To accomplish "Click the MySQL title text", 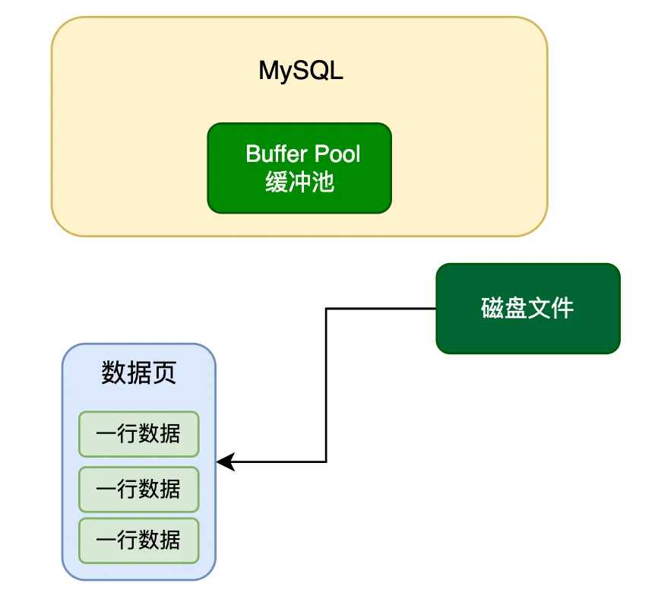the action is pyautogui.click(x=301, y=71).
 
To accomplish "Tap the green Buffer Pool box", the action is pyautogui.click(x=299, y=168).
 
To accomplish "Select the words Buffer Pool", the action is pyautogui.click(x=302, y=154).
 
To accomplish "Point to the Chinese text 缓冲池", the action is pyautogui.click(x=299, y=182).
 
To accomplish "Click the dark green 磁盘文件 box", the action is pyautogui.click(x=528, y=309).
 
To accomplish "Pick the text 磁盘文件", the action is pyautogui.click(x=527, y=308).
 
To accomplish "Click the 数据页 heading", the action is pyautogui.click(x=138, y=372).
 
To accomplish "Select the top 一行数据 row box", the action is pyautogui.click(x=139, y=434).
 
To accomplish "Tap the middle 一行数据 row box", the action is pyautogui.click(x=139, y=490).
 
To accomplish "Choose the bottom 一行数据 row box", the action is pyautogui.click(x=139, y=541).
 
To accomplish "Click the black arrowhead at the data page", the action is pyautogui.click(x=226, y=462).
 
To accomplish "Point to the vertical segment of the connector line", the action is pyautogui.click(x=326, y=385).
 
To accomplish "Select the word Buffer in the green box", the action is pyautogui.click(x=277, y=154).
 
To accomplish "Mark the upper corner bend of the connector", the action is pyautogui.click(x=326, y=309).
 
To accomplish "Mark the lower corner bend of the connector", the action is pyautogui.click(x=326, y=462).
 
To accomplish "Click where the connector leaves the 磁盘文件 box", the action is pyautogui.click(x=436, y=309).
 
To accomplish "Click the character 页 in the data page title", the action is pyautogui.click(x=164, y=372).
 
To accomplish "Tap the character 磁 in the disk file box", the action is pyautogui.click(x=492, y=308).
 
